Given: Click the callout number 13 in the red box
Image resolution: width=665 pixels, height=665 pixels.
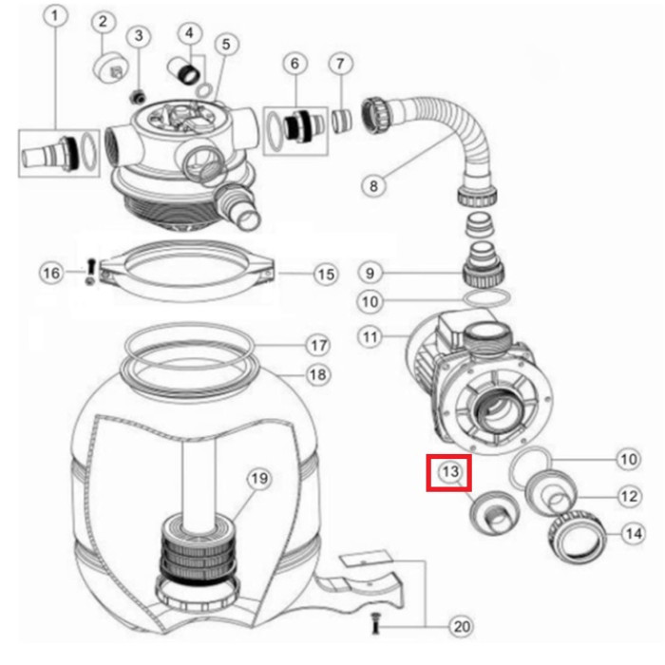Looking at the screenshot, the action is pyautogui.click(x=450, y=471).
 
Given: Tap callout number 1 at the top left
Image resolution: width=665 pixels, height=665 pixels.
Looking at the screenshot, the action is pyautogui.click(x=55, y=16).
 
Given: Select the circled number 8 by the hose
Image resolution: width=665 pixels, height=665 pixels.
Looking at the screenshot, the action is pyautogui.click(x=373, y=186).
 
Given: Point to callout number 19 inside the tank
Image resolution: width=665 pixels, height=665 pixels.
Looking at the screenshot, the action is pyautogui.click(x=259, y=479).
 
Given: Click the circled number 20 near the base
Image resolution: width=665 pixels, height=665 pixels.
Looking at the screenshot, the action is pyautogui.click(x=462, y=626).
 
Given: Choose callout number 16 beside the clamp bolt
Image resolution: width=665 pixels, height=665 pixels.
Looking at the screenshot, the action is pyautogui.click(x=51, y=273).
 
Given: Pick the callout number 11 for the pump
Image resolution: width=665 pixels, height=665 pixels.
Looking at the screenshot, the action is pyautogui.click(x=370, y=337).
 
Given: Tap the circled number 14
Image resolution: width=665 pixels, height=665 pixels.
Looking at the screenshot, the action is pyautogui.click(x=634, y=534).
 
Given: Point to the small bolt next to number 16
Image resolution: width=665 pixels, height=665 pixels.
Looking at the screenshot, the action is pyautogui.click(x=91, y=272).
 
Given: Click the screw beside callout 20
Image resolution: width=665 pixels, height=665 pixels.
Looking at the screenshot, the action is pyautogui.click(x=375, y=623).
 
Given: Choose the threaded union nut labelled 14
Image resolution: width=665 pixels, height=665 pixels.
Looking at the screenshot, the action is pyautogui.click(x=577, y=537).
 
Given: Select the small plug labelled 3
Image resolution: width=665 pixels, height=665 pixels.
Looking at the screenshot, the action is pyautogui.click(x=138, y=97).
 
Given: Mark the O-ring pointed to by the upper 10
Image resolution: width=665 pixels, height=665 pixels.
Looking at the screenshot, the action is pyautogui.click(x=486, y=297).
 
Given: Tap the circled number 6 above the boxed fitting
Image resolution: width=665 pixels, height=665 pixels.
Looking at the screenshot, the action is pyautogui.click(x=295, y=64).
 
